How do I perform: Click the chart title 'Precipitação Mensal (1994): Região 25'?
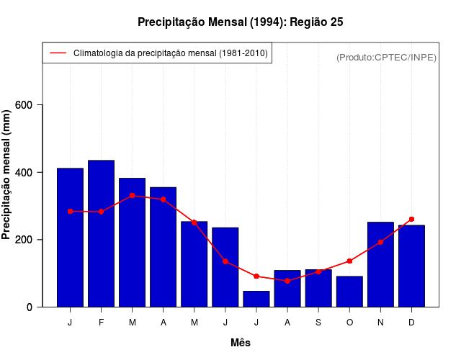241,22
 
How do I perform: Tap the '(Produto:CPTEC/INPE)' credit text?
386,57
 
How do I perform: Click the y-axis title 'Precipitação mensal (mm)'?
7,174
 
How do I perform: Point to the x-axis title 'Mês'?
241,343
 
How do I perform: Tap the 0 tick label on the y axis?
30,307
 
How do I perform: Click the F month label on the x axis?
101,323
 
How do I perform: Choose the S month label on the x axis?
318,323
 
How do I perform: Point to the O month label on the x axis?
349,323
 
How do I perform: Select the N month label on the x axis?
380,323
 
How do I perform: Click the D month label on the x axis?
411,323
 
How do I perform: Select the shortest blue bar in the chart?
256,299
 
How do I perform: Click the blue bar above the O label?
349,292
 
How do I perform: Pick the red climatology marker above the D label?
411,219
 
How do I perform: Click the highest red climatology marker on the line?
132,195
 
